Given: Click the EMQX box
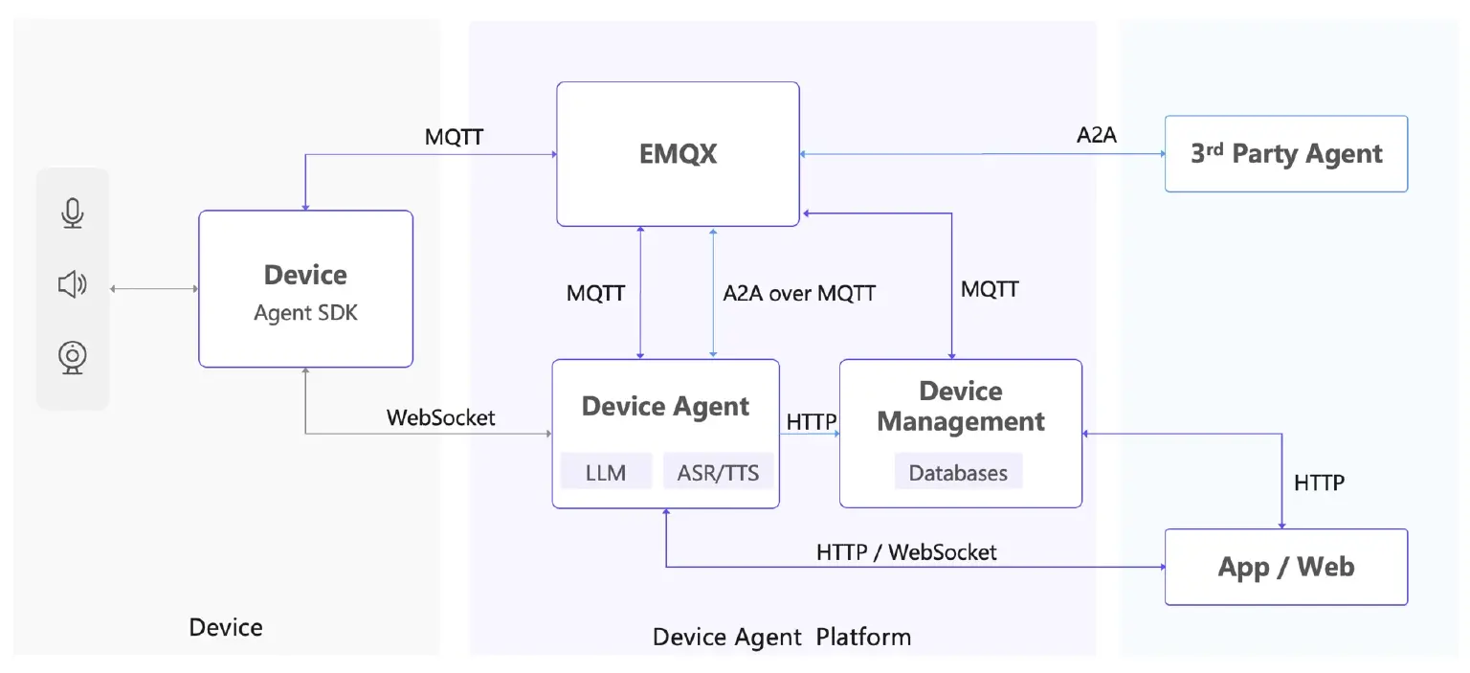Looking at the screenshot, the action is click(678, 154).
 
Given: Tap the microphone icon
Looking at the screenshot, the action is click(73, 213).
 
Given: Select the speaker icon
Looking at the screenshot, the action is click(73, 284).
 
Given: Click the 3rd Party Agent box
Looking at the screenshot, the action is click(1286, 153).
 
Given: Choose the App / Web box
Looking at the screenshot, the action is click(1286, 567).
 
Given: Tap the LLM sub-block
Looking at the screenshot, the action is click(607, 471).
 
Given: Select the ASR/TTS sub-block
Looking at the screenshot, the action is click(718, 471).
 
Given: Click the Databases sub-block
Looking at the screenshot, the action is click(958, 471).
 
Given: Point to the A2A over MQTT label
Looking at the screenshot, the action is click(799, 293).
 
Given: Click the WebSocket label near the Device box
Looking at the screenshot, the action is click(441, 417).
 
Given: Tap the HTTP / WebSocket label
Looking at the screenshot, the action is click(906, 552).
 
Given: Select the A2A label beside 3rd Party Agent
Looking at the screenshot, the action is click(1097, 135).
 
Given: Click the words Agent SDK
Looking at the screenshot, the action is click(306, 312).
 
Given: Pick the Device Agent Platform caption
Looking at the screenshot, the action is click(782, 637).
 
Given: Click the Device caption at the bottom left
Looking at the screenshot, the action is click(226, 627).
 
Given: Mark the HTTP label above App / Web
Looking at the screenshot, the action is click(1319, 482).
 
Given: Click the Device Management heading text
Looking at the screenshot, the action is click(961, 407).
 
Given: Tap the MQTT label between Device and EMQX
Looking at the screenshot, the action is click(455, 137).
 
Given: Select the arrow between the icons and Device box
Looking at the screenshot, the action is click(154, 289).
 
